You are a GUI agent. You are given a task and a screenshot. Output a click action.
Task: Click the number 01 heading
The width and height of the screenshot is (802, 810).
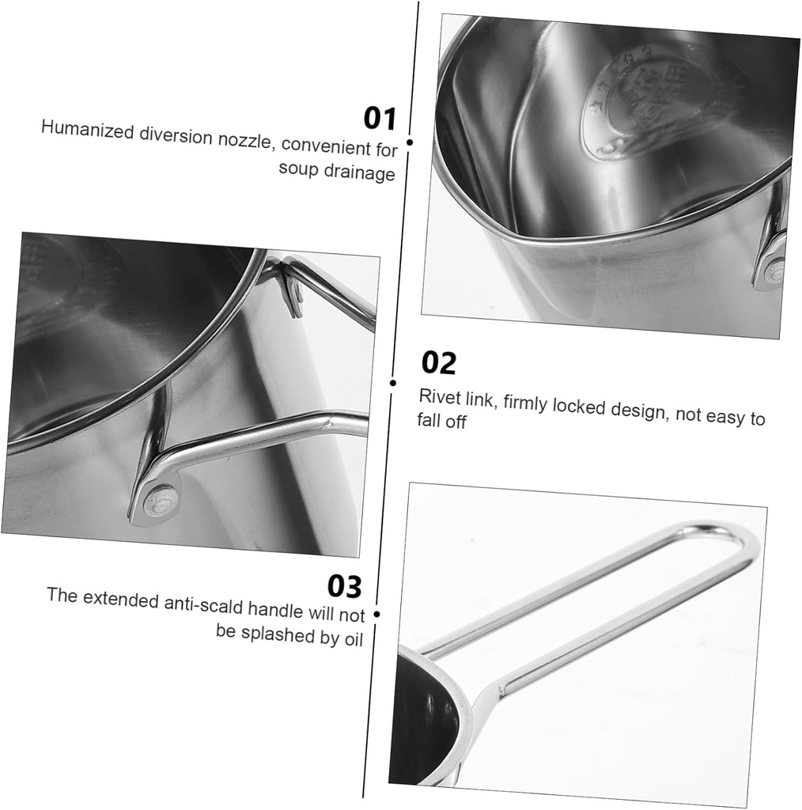tap(379, 118)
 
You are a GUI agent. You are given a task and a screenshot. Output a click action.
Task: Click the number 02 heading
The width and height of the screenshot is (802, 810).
tap(439, 363)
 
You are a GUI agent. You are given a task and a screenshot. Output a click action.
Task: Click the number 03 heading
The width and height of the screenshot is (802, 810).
tap(344, 587)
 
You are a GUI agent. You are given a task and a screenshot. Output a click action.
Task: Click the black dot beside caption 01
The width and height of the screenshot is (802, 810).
tap(410, 142)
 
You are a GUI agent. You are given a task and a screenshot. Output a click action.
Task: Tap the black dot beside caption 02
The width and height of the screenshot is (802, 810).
tap(393, 383)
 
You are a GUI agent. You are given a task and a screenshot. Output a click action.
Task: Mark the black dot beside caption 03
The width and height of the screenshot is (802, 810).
tap(376, 613)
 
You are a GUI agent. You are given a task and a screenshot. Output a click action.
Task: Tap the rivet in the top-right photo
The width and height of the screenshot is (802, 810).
tap(773, 271)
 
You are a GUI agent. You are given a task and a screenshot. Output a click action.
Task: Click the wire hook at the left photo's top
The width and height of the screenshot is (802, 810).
tap(291, 290)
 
